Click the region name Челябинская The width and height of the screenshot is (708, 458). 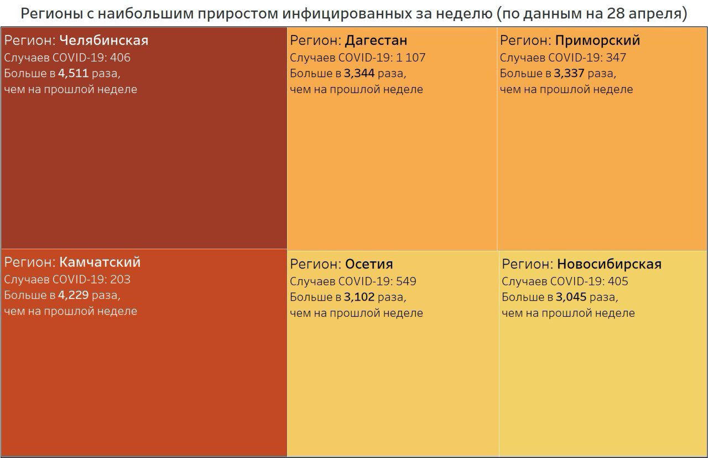pyautogui.click(x=103, y=40)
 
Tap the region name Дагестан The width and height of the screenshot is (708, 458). pyautogui.click(x=376, y=40)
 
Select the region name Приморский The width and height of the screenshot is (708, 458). pyautogui.click(x=597, y=40)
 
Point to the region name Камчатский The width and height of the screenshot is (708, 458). pyautogui.click(x=100, y=262)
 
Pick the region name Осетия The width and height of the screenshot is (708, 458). pyautogui.click(x=369, y=264)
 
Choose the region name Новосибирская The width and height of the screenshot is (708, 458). pyautogui.click(x=609, y=264)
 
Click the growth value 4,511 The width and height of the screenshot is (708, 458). pyautogui.click(x=73, y=73)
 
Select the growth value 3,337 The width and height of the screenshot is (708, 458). pyautogui.click(x=569, y=73)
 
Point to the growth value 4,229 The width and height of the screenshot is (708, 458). pyautogui.click(x=73, y=295)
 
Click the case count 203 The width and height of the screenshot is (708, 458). pyautogui.click(x=121, y=279)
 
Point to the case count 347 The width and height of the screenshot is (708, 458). pyautogui.click(x=616, y=58)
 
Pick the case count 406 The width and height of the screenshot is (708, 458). pyautogui.click(x=121, y=58)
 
